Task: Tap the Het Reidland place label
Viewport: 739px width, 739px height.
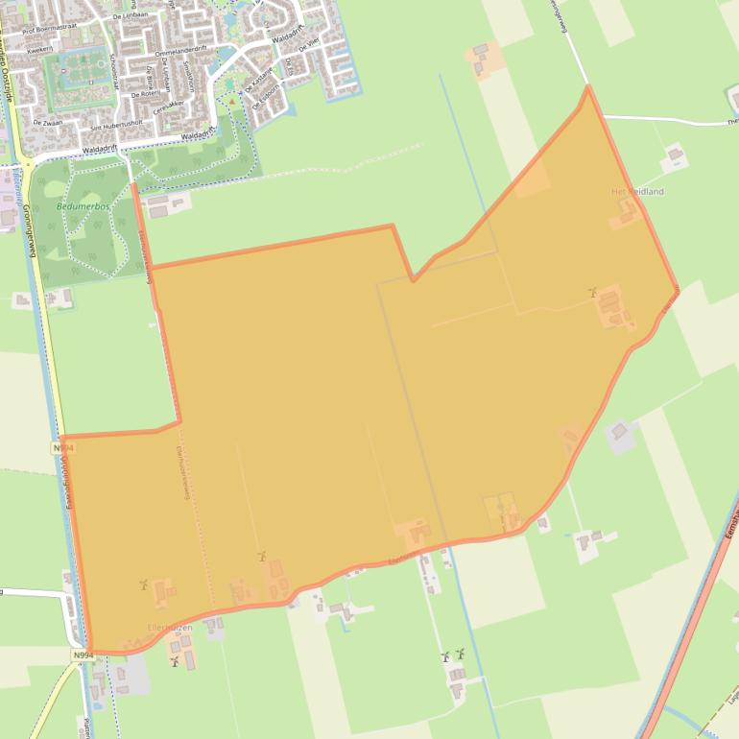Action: click(x=637, y=192)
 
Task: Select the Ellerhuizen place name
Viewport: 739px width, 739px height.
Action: click(x=170, y=628)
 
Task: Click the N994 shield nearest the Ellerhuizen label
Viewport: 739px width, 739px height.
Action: click(x=83, y=656)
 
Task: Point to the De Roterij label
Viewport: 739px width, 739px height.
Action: click(x=147, y=94)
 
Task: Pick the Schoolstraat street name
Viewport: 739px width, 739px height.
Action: click(x=115, y=72)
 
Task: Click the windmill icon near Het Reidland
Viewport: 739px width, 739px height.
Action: click(x=593, y=291)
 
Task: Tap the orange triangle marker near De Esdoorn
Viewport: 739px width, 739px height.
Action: click(x=231, y=100)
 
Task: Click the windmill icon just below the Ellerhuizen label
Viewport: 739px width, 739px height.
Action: click(x=175, y=661)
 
